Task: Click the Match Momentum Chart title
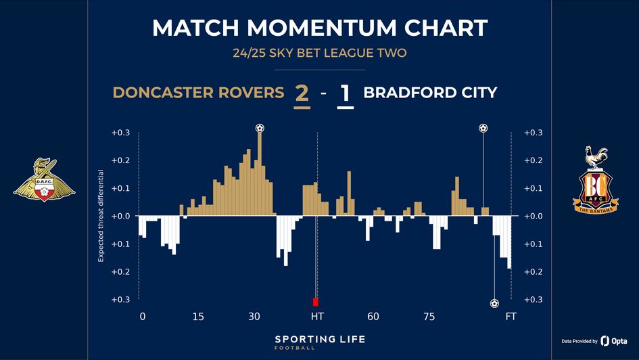pyautogui.click(x=319, y=28)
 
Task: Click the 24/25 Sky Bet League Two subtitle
pyautogui.click(x=319, y=53)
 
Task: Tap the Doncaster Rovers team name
pyautogui.click(x=198, y=93)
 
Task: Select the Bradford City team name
pyautogui.click(x=430, y=93)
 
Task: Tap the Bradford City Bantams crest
pyautogui.click(x=595, y=180)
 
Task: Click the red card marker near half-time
pyautogui.click(x=315, y=302)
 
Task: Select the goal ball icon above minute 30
pyautogui.click(x=260, y=128)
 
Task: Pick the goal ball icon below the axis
pyautogui.click(x=494, y=303)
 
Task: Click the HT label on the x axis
pyautogui.click(x=316, y=317)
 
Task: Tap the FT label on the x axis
pyautogui.click(x=511, y=317)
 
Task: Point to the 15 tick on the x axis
pyautogui.click(x=198, y=317)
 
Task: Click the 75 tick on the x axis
pyautogui.click(x=429, y=317)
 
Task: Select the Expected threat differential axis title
pyautogui.click(x=101, y=216)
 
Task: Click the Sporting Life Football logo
pyautogui.click(x=319, y=341)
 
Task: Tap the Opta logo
pyautogui.click(x=614, y=341)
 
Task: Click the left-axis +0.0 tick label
pyautogui.click(x=120, y=216)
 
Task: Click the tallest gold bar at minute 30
pyautogui.click(x=260, y=173)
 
